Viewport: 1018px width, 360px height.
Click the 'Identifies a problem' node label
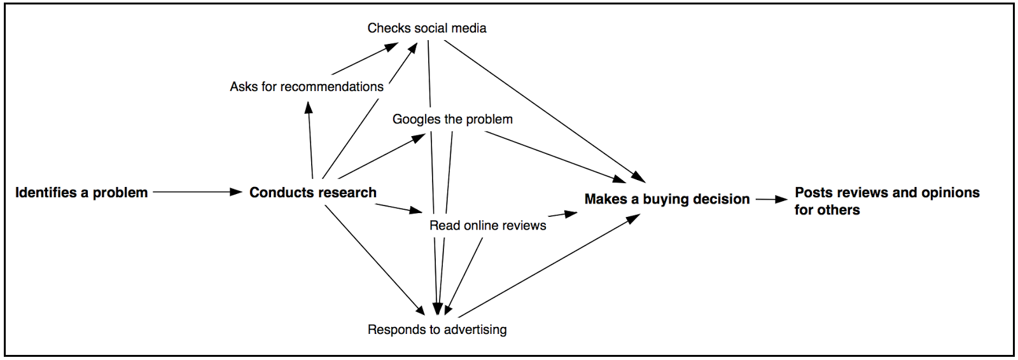click(x=81, y=193)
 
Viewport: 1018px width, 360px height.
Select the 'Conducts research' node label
click(x=312, y=193)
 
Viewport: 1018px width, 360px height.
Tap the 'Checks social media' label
click(x=426, y=28)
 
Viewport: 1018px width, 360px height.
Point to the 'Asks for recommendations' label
click(x=307, y=87)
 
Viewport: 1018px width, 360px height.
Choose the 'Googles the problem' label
click(x=452, y=119)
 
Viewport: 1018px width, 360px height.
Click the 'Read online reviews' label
click(x=487, y=225)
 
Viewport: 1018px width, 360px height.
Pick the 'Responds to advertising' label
click(x=437, y=329)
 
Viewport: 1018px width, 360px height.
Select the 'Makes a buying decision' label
click(x=667, y=199)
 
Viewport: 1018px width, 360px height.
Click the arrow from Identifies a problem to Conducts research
click(x=197, y=191)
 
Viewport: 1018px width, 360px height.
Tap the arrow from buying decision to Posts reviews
click(x=771, y=199)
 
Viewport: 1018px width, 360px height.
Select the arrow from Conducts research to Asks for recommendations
click(x=310, y=140)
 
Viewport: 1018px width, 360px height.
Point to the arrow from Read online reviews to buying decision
click(x=562, y=214)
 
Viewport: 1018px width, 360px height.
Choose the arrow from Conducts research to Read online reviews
click(x=398, y=208)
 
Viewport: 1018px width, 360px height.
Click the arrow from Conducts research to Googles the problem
click(x=382, y=156)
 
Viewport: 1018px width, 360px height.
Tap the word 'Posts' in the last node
click(x=813, y=193)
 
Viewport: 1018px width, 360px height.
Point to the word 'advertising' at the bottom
click(x=475, y=329)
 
